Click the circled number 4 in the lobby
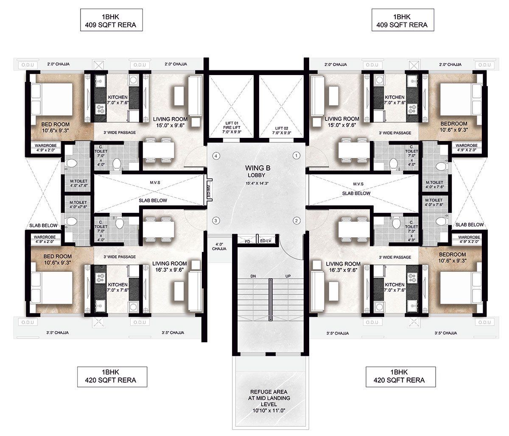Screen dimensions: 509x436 coord(216,156)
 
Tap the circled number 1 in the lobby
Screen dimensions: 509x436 coord(296,156)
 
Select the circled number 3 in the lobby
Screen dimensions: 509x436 coord(216,221)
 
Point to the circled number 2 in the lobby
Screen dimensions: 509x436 coord(296,221)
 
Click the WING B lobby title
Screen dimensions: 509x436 coord(257,168)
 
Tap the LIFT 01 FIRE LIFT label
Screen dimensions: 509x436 coord(232,128)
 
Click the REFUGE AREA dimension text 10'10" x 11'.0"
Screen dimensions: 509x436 coord(268,411)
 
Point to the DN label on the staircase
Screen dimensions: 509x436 coord(253,276)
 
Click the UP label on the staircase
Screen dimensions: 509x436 coord(288,276)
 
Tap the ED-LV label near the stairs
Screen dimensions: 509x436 coord(266,241)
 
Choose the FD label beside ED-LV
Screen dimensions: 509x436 coord(247,241)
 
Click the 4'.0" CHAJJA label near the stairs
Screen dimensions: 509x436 coord(219,246)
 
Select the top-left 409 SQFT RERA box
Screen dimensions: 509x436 coord(111,20)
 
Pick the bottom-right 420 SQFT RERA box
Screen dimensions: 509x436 coord(400,377)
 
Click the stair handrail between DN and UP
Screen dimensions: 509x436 coord(271,299)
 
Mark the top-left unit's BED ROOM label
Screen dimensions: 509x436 coord(56,124)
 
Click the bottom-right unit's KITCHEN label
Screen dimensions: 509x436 coord(394,285)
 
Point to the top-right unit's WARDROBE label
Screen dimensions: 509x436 coord(467,145)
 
